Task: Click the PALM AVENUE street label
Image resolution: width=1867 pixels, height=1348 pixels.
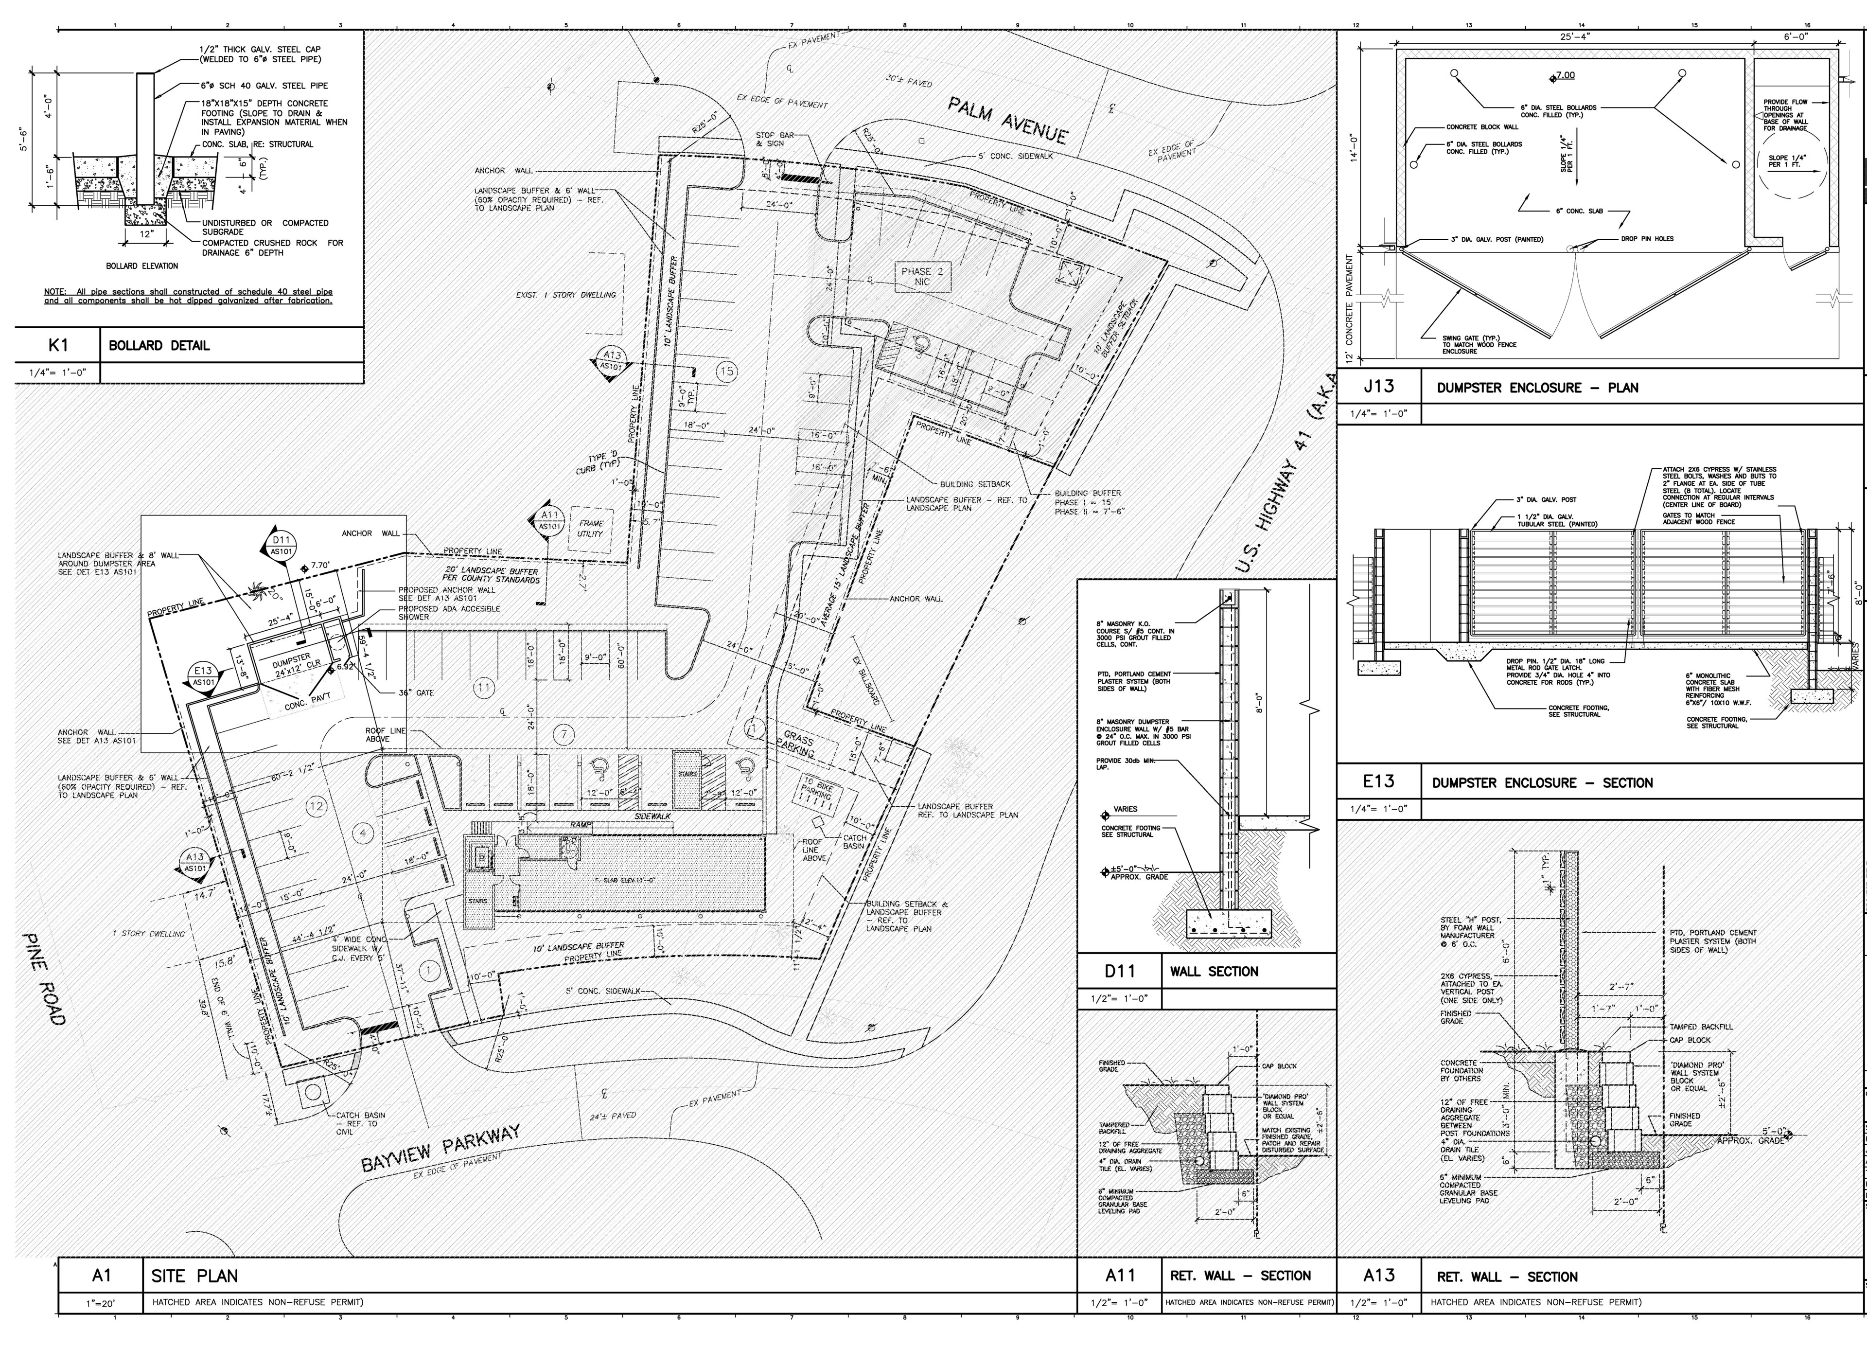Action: pyautogui.click(x=1007, y=120)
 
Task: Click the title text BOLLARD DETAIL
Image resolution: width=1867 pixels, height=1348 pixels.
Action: pyautogui.click(x=159, y=345)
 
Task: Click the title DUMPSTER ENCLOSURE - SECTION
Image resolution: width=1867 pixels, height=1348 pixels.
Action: pyautogui.click(x=1542, y=782)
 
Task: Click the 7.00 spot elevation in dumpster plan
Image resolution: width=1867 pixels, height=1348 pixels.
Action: pyautogui.click(x=1563, y=76)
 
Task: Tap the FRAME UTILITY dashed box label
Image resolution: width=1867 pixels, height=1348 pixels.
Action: pyautogui.click(x=590, y=528)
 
